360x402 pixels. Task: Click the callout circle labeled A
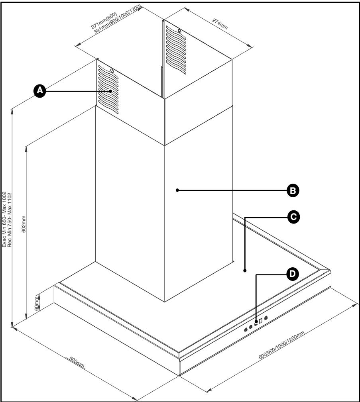click(39, 91)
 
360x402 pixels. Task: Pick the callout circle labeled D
click(292, 274)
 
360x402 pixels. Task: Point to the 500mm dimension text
click(76, 363)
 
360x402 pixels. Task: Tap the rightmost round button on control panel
click(266, 318)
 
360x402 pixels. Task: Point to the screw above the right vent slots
click(179, 31)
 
